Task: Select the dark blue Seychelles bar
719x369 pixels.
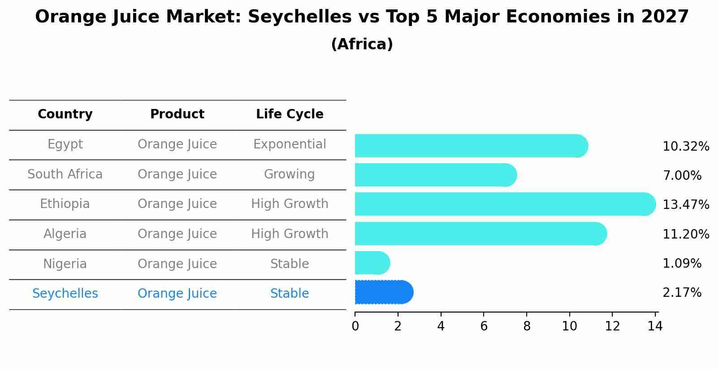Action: coord(384,292)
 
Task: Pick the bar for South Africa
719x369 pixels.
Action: coord(435,175)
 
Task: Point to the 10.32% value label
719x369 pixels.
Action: coord(685,147)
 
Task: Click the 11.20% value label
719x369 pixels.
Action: coord(685,234)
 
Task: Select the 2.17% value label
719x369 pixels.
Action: coord(682,293)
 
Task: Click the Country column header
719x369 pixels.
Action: coord(65,114)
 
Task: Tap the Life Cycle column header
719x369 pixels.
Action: coord(290,114)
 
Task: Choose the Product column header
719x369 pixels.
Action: coord(177,114)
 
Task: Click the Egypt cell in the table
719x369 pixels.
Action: coord(65,144)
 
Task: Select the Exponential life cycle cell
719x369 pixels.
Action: coord(290,144)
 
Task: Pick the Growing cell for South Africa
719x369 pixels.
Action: coord(290,174)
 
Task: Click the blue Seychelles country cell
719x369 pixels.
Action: coord(65,294)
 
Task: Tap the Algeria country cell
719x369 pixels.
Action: coord(65,234)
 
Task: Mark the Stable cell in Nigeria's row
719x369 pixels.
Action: coord(290,264)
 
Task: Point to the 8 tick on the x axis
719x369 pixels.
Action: coord(527,326)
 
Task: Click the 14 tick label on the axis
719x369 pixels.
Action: coord(655,326)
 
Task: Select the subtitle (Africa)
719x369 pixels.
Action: coord(362,44)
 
